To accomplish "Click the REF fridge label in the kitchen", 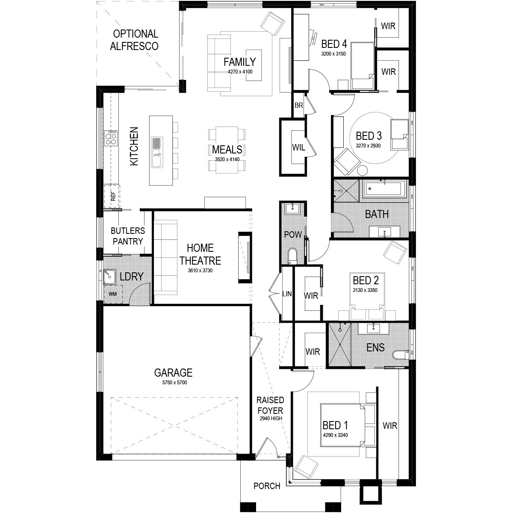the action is (113, 197).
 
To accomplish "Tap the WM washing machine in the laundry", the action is (113, 294).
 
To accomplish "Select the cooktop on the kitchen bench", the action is (111, 138).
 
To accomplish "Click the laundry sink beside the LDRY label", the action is (109, 277).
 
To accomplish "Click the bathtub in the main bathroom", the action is (383, 189).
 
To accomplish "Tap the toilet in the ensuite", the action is (401, 355).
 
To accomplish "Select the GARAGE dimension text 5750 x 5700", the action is (175, 383).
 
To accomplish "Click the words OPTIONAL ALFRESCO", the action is (134, 40).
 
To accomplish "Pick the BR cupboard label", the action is (299, 106).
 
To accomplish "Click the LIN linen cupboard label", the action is (287, 294).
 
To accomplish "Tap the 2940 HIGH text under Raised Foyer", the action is (271, 419).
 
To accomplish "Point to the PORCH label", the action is (267, 486).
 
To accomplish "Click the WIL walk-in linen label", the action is (298, 147).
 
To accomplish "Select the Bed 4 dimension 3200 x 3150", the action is (333, 54).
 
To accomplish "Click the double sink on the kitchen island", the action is (156, 152).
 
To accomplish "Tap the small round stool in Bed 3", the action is (363, 171).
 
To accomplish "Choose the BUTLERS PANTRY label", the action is (128, 236).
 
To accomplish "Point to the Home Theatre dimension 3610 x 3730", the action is (200, 271).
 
